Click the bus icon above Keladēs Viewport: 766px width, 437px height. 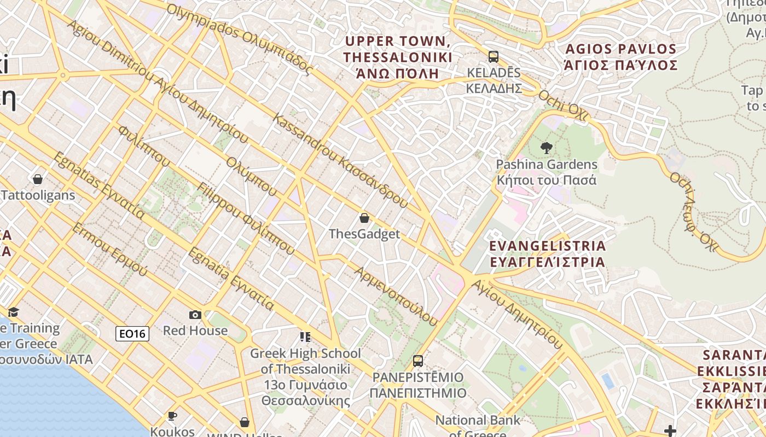coord(493,57)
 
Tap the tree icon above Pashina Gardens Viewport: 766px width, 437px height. coord(546,147)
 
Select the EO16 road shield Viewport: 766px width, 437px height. coord(132,334)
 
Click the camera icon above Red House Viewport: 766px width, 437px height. coord(195,315)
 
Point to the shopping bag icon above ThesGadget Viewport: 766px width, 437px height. coord(364,218)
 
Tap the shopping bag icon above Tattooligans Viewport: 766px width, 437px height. coord(38,179)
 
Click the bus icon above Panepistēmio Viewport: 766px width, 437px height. coord(418,361)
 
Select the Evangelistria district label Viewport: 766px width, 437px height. coord(547,254)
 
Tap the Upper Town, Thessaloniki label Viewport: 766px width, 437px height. coord(398,57)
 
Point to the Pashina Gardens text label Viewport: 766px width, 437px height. coord(546,172)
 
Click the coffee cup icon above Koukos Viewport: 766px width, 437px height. coord(172,416)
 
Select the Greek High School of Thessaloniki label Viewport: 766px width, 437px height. coord(305,377)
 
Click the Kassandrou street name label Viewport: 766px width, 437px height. coord(340,161)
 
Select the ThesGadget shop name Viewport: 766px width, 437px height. coord(364,234)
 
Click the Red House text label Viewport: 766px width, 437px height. coord(195,330)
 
